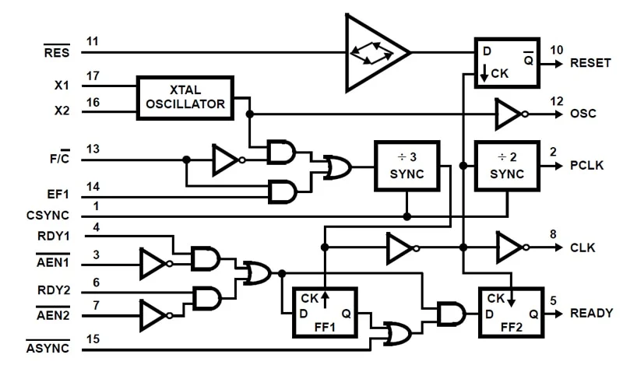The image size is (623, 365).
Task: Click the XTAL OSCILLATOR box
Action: [x=185, y=97]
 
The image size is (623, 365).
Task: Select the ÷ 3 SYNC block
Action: [x=407, y=166]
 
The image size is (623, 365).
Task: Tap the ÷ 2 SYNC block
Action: [x=507, y=166]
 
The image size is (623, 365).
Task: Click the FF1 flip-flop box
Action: [x=324, y=312]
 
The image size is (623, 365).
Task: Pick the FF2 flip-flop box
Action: [x=510, y=312]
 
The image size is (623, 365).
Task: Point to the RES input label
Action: [x=56, y=52]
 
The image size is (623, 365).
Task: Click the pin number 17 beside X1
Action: [x=93, y=76]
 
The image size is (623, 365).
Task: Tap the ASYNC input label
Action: [x=48, y=346]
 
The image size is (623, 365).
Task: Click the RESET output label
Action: [x=591, y=62]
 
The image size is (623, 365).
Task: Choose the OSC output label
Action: [x=583, y=114]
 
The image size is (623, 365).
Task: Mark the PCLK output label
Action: [x=586, y=166]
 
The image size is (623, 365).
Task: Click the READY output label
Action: [x=591, y=313]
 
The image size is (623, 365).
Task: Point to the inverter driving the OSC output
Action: [x=509, y=114]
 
